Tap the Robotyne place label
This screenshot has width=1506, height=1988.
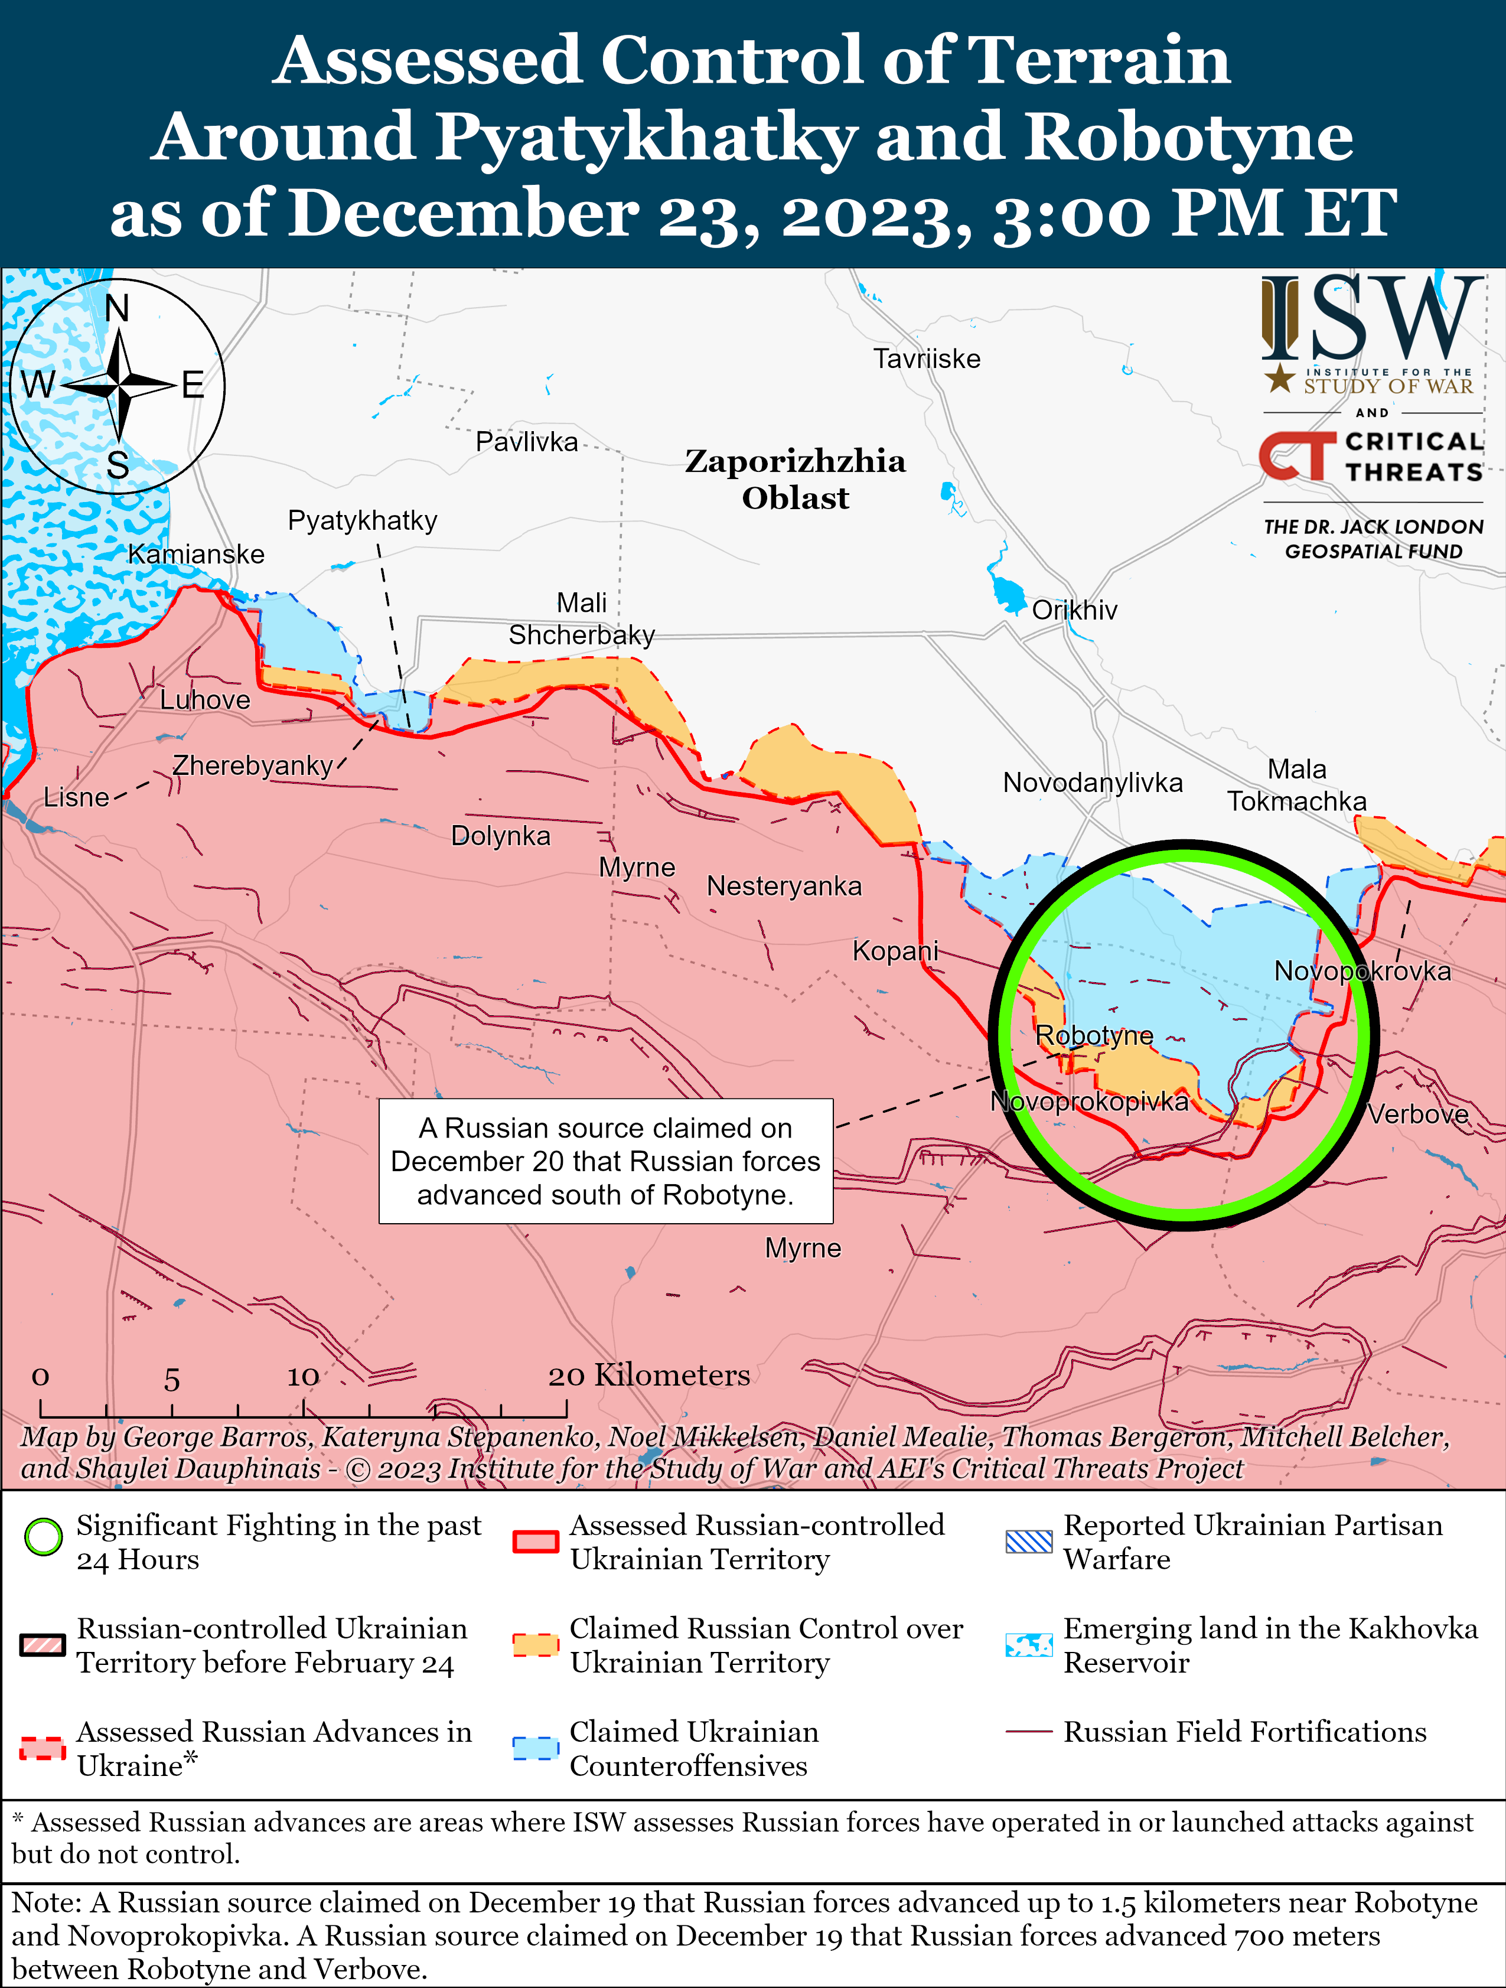1094,1035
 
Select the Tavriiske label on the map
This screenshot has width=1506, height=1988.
927,359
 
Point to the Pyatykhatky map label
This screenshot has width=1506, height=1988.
362,520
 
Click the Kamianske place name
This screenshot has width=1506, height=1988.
196,553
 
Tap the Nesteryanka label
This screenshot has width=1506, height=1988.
784,886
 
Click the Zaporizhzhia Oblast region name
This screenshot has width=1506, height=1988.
796,478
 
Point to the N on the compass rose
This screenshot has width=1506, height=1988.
118,308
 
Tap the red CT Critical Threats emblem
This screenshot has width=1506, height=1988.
1296,456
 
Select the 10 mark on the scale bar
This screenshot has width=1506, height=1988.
303,1376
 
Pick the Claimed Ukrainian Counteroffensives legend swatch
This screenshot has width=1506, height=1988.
536,1747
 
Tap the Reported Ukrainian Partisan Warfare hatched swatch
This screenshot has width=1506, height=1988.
1029,1541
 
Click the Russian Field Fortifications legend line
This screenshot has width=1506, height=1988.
1029,1731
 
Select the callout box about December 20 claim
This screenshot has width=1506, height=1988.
605,1161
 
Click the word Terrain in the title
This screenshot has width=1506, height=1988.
1101,60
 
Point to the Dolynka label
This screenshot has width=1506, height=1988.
500,836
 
